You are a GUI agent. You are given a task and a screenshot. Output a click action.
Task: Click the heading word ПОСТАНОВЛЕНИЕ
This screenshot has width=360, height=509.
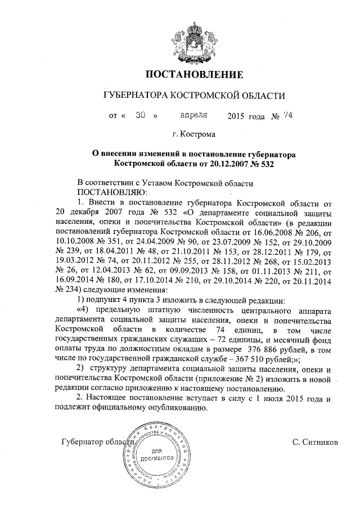(195, 74)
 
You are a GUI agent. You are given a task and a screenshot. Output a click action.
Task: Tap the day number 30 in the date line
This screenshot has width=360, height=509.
(141, 115)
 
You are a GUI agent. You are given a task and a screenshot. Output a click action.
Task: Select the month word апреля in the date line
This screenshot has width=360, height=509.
(193, 115)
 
